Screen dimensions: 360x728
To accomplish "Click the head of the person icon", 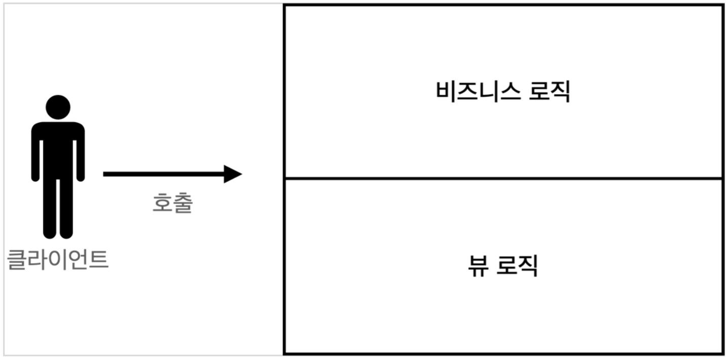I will pos(58,107).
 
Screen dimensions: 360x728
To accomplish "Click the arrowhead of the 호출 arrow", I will pos(233,174).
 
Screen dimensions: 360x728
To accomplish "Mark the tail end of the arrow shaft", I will pos(105,174).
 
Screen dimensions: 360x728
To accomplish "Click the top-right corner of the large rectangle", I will pos(722,6).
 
